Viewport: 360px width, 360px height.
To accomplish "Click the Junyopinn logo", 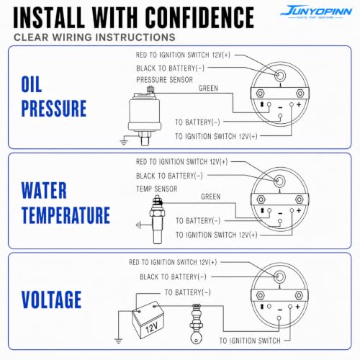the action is (x=316, y=12).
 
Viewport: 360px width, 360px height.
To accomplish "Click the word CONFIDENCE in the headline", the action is (x=199, y=17).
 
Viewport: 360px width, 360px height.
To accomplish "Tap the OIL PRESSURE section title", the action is (x=54, y=96).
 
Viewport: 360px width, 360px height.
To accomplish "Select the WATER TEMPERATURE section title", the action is (x=66, y=203).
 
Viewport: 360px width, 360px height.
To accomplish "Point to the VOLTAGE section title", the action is (x=51, y=300).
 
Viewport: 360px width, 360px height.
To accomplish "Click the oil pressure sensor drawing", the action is (x=145, y=115).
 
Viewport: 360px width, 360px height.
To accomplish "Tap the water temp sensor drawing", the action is (x=157, y=220).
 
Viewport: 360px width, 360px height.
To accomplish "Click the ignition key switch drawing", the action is (x=197, y=324).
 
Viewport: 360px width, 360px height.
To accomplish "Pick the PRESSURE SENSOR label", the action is (x=164, y=80).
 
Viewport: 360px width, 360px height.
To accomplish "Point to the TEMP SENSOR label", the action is (x=156, y=189).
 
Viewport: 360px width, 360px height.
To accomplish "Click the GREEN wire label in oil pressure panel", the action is (x=208, y=88).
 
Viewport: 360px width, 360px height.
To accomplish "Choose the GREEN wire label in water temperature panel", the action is (x=210, y=197).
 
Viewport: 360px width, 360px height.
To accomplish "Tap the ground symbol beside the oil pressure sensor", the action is (x=123, y=142).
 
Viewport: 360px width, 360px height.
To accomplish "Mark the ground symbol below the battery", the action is (x=118, y=340).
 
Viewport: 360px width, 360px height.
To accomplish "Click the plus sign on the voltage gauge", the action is (x=297, y=307).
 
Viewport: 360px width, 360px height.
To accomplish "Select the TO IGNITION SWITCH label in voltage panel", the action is (x=250, y=341).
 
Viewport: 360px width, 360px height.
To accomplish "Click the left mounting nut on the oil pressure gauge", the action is (x=260, y=94).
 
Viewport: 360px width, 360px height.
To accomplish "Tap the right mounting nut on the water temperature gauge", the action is (x=300, y=199).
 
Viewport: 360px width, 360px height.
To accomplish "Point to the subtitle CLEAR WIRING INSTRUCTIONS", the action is (x=94, y=37).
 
